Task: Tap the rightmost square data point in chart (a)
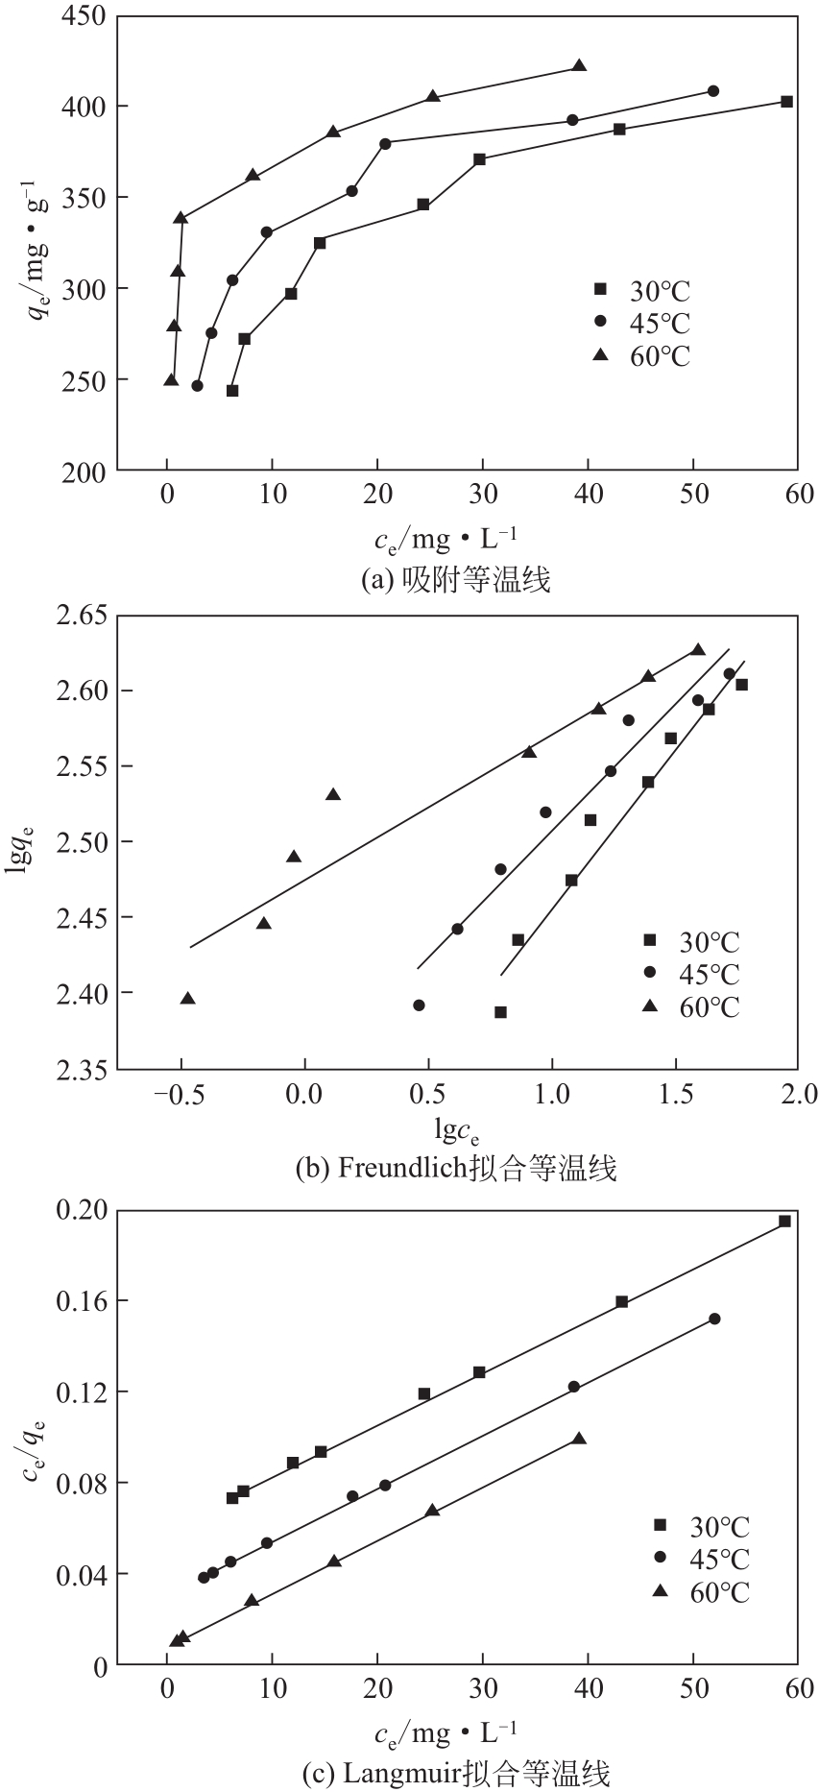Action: coord(786,102)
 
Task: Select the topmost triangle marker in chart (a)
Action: coord(579,65)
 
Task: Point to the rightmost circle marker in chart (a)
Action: coord(712,91)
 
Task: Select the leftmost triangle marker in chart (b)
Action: coord(188,999)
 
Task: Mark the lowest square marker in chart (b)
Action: coord(500,1012)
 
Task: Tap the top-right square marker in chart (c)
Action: coord(784,1222)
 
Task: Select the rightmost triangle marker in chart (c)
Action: coord(579,1439)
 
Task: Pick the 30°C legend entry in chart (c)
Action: coord(701,1526)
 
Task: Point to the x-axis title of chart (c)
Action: coord(446,1733)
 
